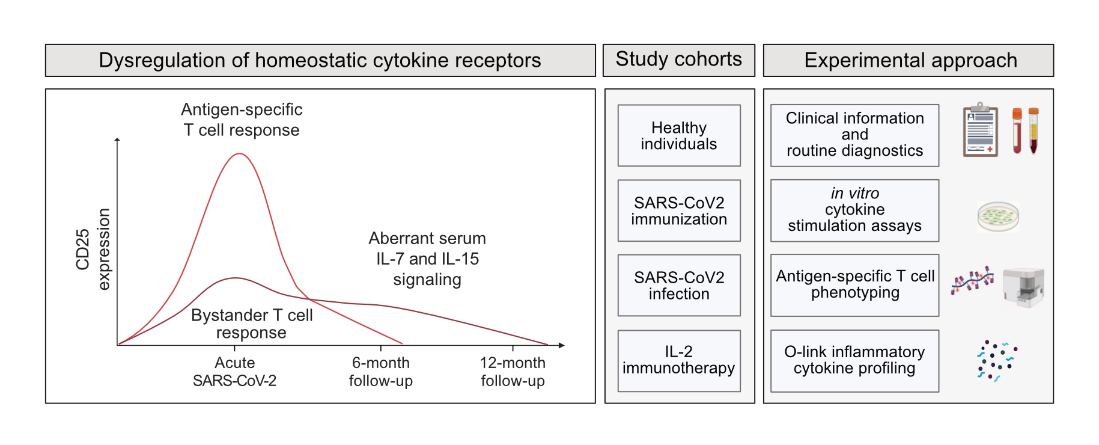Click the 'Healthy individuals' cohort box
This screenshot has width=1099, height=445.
tap(679, 136)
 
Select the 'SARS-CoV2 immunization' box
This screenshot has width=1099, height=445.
tap(679, 210)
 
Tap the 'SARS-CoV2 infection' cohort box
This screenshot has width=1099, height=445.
tap(679, 285)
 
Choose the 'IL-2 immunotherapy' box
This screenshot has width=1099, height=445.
tap(679, 360)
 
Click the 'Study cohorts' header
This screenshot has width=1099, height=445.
tap(678, 60)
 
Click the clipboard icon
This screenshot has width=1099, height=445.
tap(980, 130)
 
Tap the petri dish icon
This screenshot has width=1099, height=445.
tap(998, 216)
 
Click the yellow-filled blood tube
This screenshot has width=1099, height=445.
tap(1034, 130)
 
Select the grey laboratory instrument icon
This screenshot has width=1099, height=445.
tap(1023, 287)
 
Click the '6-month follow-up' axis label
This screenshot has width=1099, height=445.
tap(380, 372)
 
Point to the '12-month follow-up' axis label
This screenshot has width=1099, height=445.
tap(513, 372)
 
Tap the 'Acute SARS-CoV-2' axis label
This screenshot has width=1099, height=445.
tap(234, 372)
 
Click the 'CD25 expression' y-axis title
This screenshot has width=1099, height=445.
tap(93, 249)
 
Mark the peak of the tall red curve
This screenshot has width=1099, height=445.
tap(239, 154)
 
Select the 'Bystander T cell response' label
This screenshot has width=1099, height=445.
tap(252, 324)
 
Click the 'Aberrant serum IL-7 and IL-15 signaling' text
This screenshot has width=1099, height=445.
tap(427, 259)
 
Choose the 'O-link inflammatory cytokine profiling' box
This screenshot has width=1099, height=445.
tap(854, 360)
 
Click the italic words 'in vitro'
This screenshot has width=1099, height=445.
tap(854, 193)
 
